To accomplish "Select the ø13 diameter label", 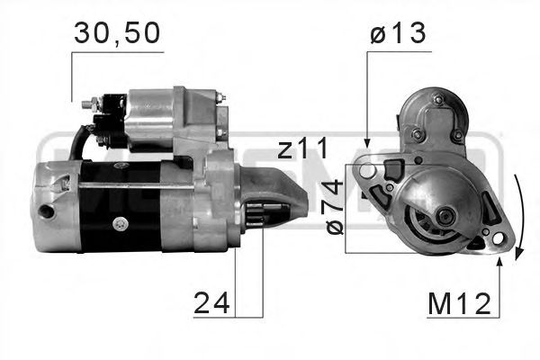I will click(397, 34).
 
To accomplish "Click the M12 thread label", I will click(459, 303).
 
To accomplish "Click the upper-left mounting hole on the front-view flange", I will click(366, 167).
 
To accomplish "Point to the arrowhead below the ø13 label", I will click(366, 142).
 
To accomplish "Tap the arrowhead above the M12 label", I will click(497, 261).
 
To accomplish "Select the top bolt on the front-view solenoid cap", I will click(437, 100).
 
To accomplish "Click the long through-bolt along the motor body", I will click(135, 186).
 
